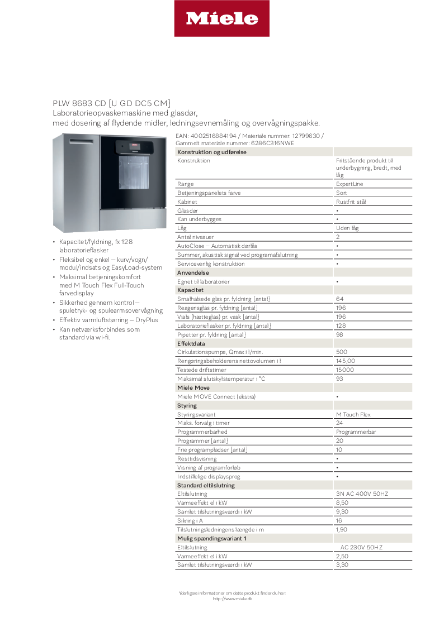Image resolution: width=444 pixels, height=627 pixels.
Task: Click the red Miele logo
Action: pos(222,18)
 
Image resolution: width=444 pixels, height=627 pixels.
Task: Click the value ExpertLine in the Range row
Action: pos(349,184)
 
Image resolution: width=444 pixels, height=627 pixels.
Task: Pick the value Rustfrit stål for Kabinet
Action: pos(351,202)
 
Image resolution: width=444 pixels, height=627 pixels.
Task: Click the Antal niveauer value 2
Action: pos(338,237)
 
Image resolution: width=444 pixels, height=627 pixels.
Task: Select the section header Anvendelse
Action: pos(193,272)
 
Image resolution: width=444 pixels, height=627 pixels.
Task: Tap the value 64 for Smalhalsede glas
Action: pos(339,299)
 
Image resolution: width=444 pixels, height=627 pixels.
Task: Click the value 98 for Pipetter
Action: pos(339,334)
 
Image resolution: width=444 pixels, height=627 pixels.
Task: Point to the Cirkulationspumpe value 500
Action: pos(341,352)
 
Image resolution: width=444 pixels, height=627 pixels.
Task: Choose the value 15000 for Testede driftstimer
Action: pos(344,370)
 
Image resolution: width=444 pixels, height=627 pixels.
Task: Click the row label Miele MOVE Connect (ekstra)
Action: pos(216,396)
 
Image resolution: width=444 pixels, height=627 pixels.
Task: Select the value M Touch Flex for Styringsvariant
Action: pos(353,414)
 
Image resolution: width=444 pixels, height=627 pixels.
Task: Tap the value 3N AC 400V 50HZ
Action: pos(362,494)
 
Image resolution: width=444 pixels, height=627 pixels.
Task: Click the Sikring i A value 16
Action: pos(339,520)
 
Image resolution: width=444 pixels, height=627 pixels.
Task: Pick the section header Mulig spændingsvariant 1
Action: pos(211,538)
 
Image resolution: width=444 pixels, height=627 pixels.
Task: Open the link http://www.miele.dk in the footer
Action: pos(232,599)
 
